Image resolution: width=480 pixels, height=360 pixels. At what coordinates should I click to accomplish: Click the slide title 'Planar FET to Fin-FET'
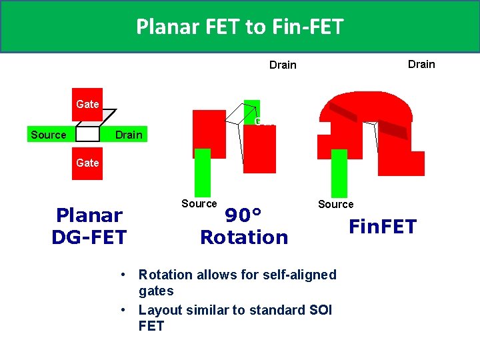(x=239, y=27)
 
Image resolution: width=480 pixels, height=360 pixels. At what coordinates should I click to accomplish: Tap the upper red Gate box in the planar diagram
(x=87, y=104)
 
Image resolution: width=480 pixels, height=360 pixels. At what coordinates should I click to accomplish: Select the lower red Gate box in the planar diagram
(x=87, y=163)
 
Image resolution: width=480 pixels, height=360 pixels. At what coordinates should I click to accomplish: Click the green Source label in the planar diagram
(x=49, y=135)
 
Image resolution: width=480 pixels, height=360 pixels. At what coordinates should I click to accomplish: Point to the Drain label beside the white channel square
(x=129, y=135)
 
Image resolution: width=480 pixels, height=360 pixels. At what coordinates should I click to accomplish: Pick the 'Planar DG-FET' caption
(x=89, y=226)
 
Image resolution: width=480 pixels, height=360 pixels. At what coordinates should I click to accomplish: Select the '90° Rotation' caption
(x=244, y=226)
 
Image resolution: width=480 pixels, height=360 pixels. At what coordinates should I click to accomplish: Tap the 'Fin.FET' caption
(x=383, y=227)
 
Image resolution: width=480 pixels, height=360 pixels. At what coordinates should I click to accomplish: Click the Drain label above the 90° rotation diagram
(x=283, y=65)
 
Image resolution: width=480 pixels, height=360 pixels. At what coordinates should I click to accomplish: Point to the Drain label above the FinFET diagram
(x=421, y=64)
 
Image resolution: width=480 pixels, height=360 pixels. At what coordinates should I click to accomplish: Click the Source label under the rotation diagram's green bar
(x=199, y=203)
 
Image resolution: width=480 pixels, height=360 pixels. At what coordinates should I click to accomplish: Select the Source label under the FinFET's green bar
(x=336, y=204)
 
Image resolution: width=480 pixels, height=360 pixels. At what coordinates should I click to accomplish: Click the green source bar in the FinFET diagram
(x=339, y=173)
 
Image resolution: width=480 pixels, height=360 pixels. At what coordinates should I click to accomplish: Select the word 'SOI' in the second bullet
(x=319, y=310)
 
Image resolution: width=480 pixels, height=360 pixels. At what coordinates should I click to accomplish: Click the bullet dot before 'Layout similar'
(x=125, y=311)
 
